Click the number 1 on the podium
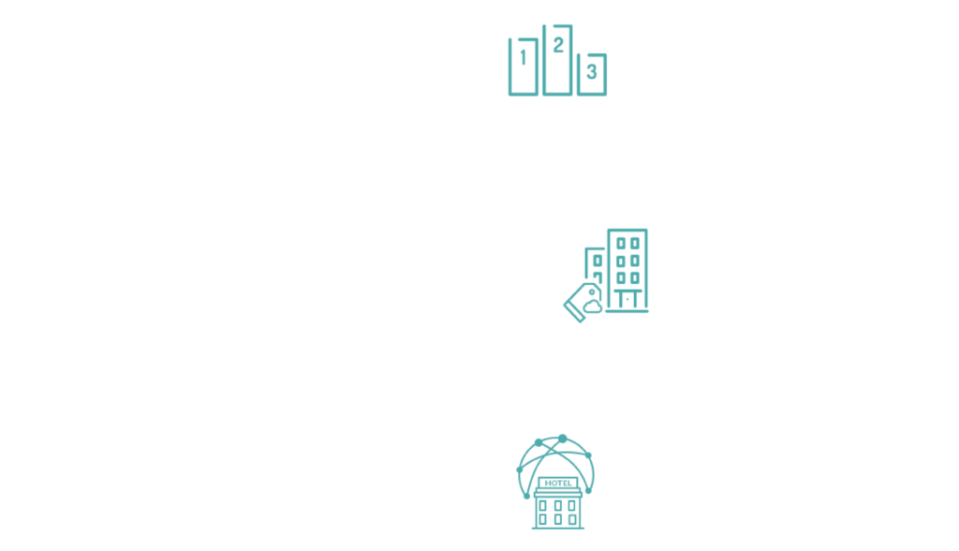click(x=523, y=57)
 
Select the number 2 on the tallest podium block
click(x=558, y=45)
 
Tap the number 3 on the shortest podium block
click(x=592, y=71)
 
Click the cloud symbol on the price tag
click(x=592, y=306)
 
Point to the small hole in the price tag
click(x=592, y=292)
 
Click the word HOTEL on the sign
click(x=558, y=483)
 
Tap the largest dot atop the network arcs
click(x=563, y=439)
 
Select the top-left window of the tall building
click(x=621, y=244)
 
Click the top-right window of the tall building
click(x=636, y=244)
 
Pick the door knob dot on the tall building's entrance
click(x=627, y=299)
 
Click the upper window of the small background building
click(x=598, y=261)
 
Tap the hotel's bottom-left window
click(x=543, y=520)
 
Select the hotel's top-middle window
click(x=558, y=506)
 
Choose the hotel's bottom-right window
click(x=572, y=520)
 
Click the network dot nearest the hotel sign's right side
click(x=588, y=490)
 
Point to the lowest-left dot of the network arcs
click(x=526, y=496)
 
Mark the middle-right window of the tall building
click(x=636, y=261)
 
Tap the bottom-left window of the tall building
click(x=621, y=278)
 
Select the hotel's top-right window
click(x=572, y=506)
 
